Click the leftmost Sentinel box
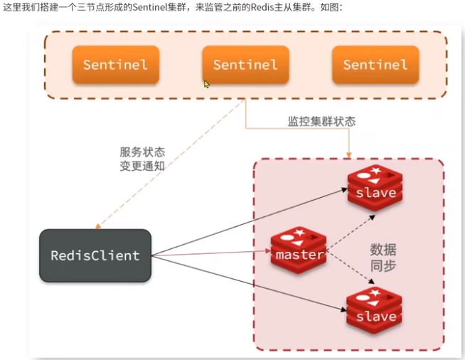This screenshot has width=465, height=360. (115, 65)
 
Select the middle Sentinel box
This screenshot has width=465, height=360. (245, 65)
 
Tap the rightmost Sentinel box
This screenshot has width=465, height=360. (375, 65)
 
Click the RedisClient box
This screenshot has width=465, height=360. (95, 255)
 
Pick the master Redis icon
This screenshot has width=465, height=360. (299, 250)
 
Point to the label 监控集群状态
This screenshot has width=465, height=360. (321, 122)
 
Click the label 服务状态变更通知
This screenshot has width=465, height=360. (142, 159)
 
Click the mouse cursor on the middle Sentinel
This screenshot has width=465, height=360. (207, 84)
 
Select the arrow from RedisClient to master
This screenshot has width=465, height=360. (213, 253)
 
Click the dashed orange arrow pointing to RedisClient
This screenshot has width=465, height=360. (171, 164)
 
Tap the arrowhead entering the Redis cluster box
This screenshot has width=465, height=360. (348, 154)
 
